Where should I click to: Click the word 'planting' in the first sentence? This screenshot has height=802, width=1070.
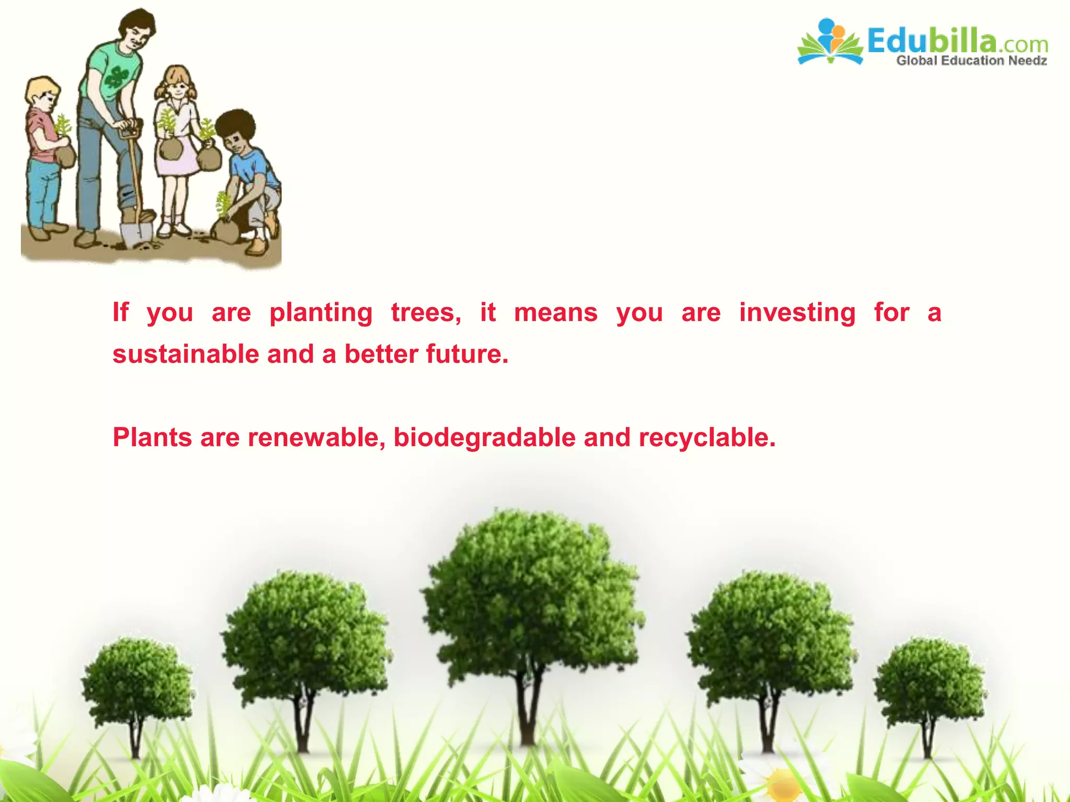tap(321, 313)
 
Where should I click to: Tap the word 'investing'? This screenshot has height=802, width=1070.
tap(797, 313)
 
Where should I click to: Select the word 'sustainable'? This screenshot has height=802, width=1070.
tap(185, 354)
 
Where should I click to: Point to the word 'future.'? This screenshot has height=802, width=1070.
tap(467, 354)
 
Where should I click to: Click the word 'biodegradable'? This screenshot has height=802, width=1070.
tap(484, 438)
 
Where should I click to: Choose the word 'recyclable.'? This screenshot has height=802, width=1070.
tap(707, 438)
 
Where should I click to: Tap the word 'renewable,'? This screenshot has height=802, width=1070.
tap(317, 438)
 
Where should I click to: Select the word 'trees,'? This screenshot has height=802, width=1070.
tap(426, 313)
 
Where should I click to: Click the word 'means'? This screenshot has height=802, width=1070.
tap(555, 313)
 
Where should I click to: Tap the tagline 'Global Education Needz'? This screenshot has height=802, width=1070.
tap(971, 61)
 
